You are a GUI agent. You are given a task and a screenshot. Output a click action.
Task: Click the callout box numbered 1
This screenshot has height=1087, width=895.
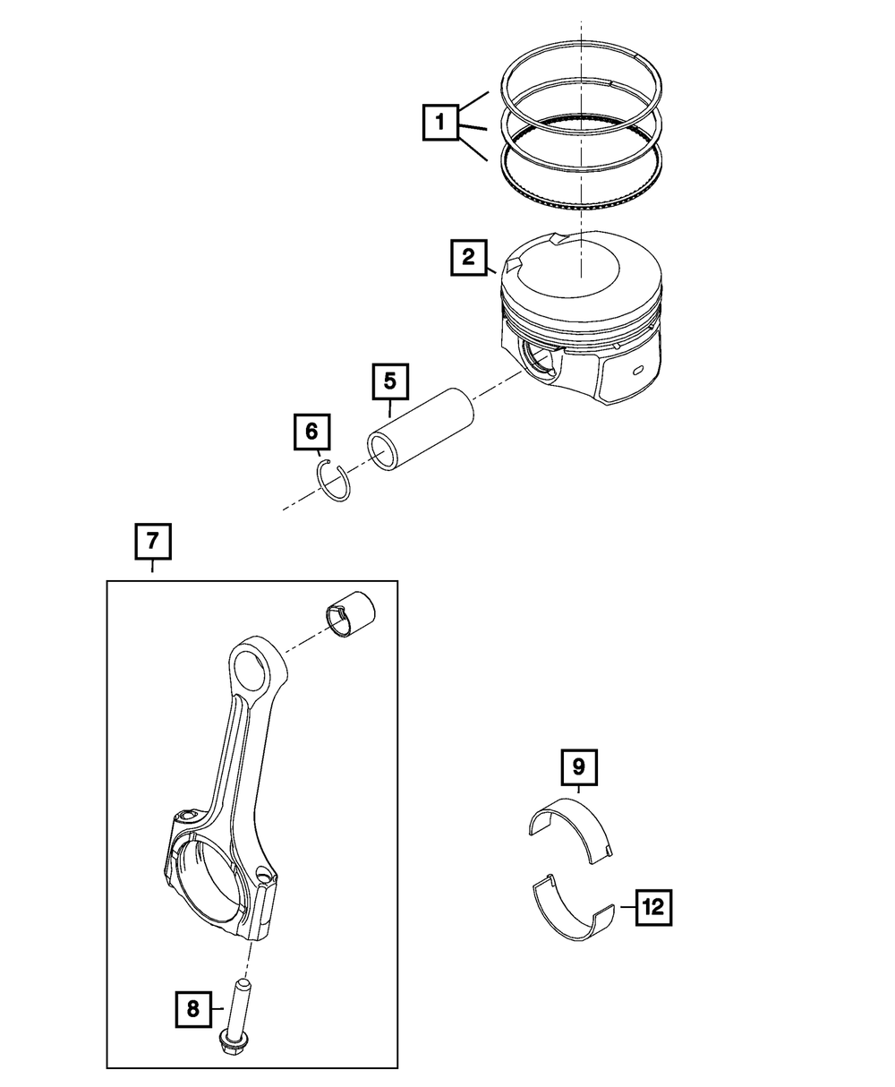tap(440, 122)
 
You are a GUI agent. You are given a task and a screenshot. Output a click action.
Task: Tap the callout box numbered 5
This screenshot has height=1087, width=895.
tap(390, 381)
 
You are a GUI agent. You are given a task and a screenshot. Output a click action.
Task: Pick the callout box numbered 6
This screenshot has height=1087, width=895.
tap(311, 432)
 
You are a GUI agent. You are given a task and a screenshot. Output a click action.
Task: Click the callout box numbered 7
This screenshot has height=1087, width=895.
tap(152, 541)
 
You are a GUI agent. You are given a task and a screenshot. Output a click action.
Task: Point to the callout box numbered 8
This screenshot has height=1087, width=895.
tap(193, 1010)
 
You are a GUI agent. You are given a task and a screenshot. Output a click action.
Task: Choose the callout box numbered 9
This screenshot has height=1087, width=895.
tap(578, 766)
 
